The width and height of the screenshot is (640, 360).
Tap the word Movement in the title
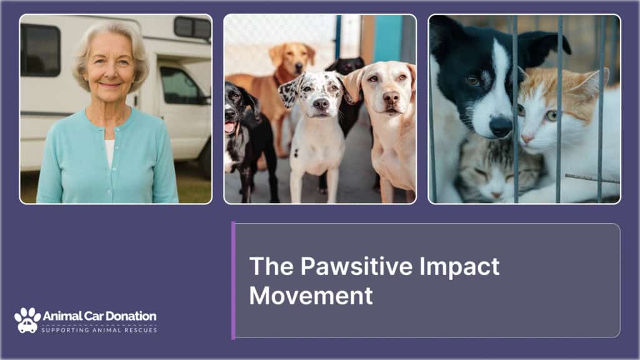pyautogui.click(x=311, y=296)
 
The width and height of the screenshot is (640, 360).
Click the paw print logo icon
pyautogui.click(x=27, y=320)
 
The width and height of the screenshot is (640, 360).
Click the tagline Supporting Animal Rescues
pyautogui.click(x=99, y=330)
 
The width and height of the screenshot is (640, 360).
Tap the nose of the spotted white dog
pyautogui.click(x=321, y=104)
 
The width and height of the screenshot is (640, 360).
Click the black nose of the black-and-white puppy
pyautogui.click(x=501, y=126)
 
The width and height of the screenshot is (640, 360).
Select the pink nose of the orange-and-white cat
pyautogui.click(x=526, y=139)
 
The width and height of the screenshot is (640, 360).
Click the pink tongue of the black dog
pyautogui.click(x=230, y=127)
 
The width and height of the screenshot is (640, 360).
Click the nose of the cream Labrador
pyautogui.click(x=391, y=98)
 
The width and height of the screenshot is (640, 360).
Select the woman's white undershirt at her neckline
pyautogui.click(x=110, y=152)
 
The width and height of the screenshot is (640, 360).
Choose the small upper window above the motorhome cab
pyautogui.click(x=192, y=27)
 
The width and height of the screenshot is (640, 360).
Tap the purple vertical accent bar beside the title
pyautogui.click(x=234, y=281)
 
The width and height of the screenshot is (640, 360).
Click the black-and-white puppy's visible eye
pyautogui.click(x=474, y=81)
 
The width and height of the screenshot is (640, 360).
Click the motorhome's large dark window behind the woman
pyautogui.click(x=41, y=50)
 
